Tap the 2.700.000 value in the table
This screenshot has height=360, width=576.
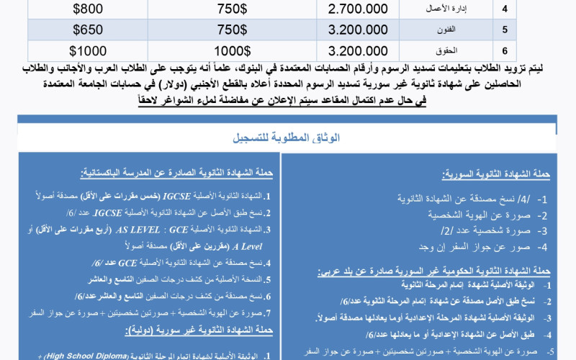point(358,11)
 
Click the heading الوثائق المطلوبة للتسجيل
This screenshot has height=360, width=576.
point(288,138)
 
